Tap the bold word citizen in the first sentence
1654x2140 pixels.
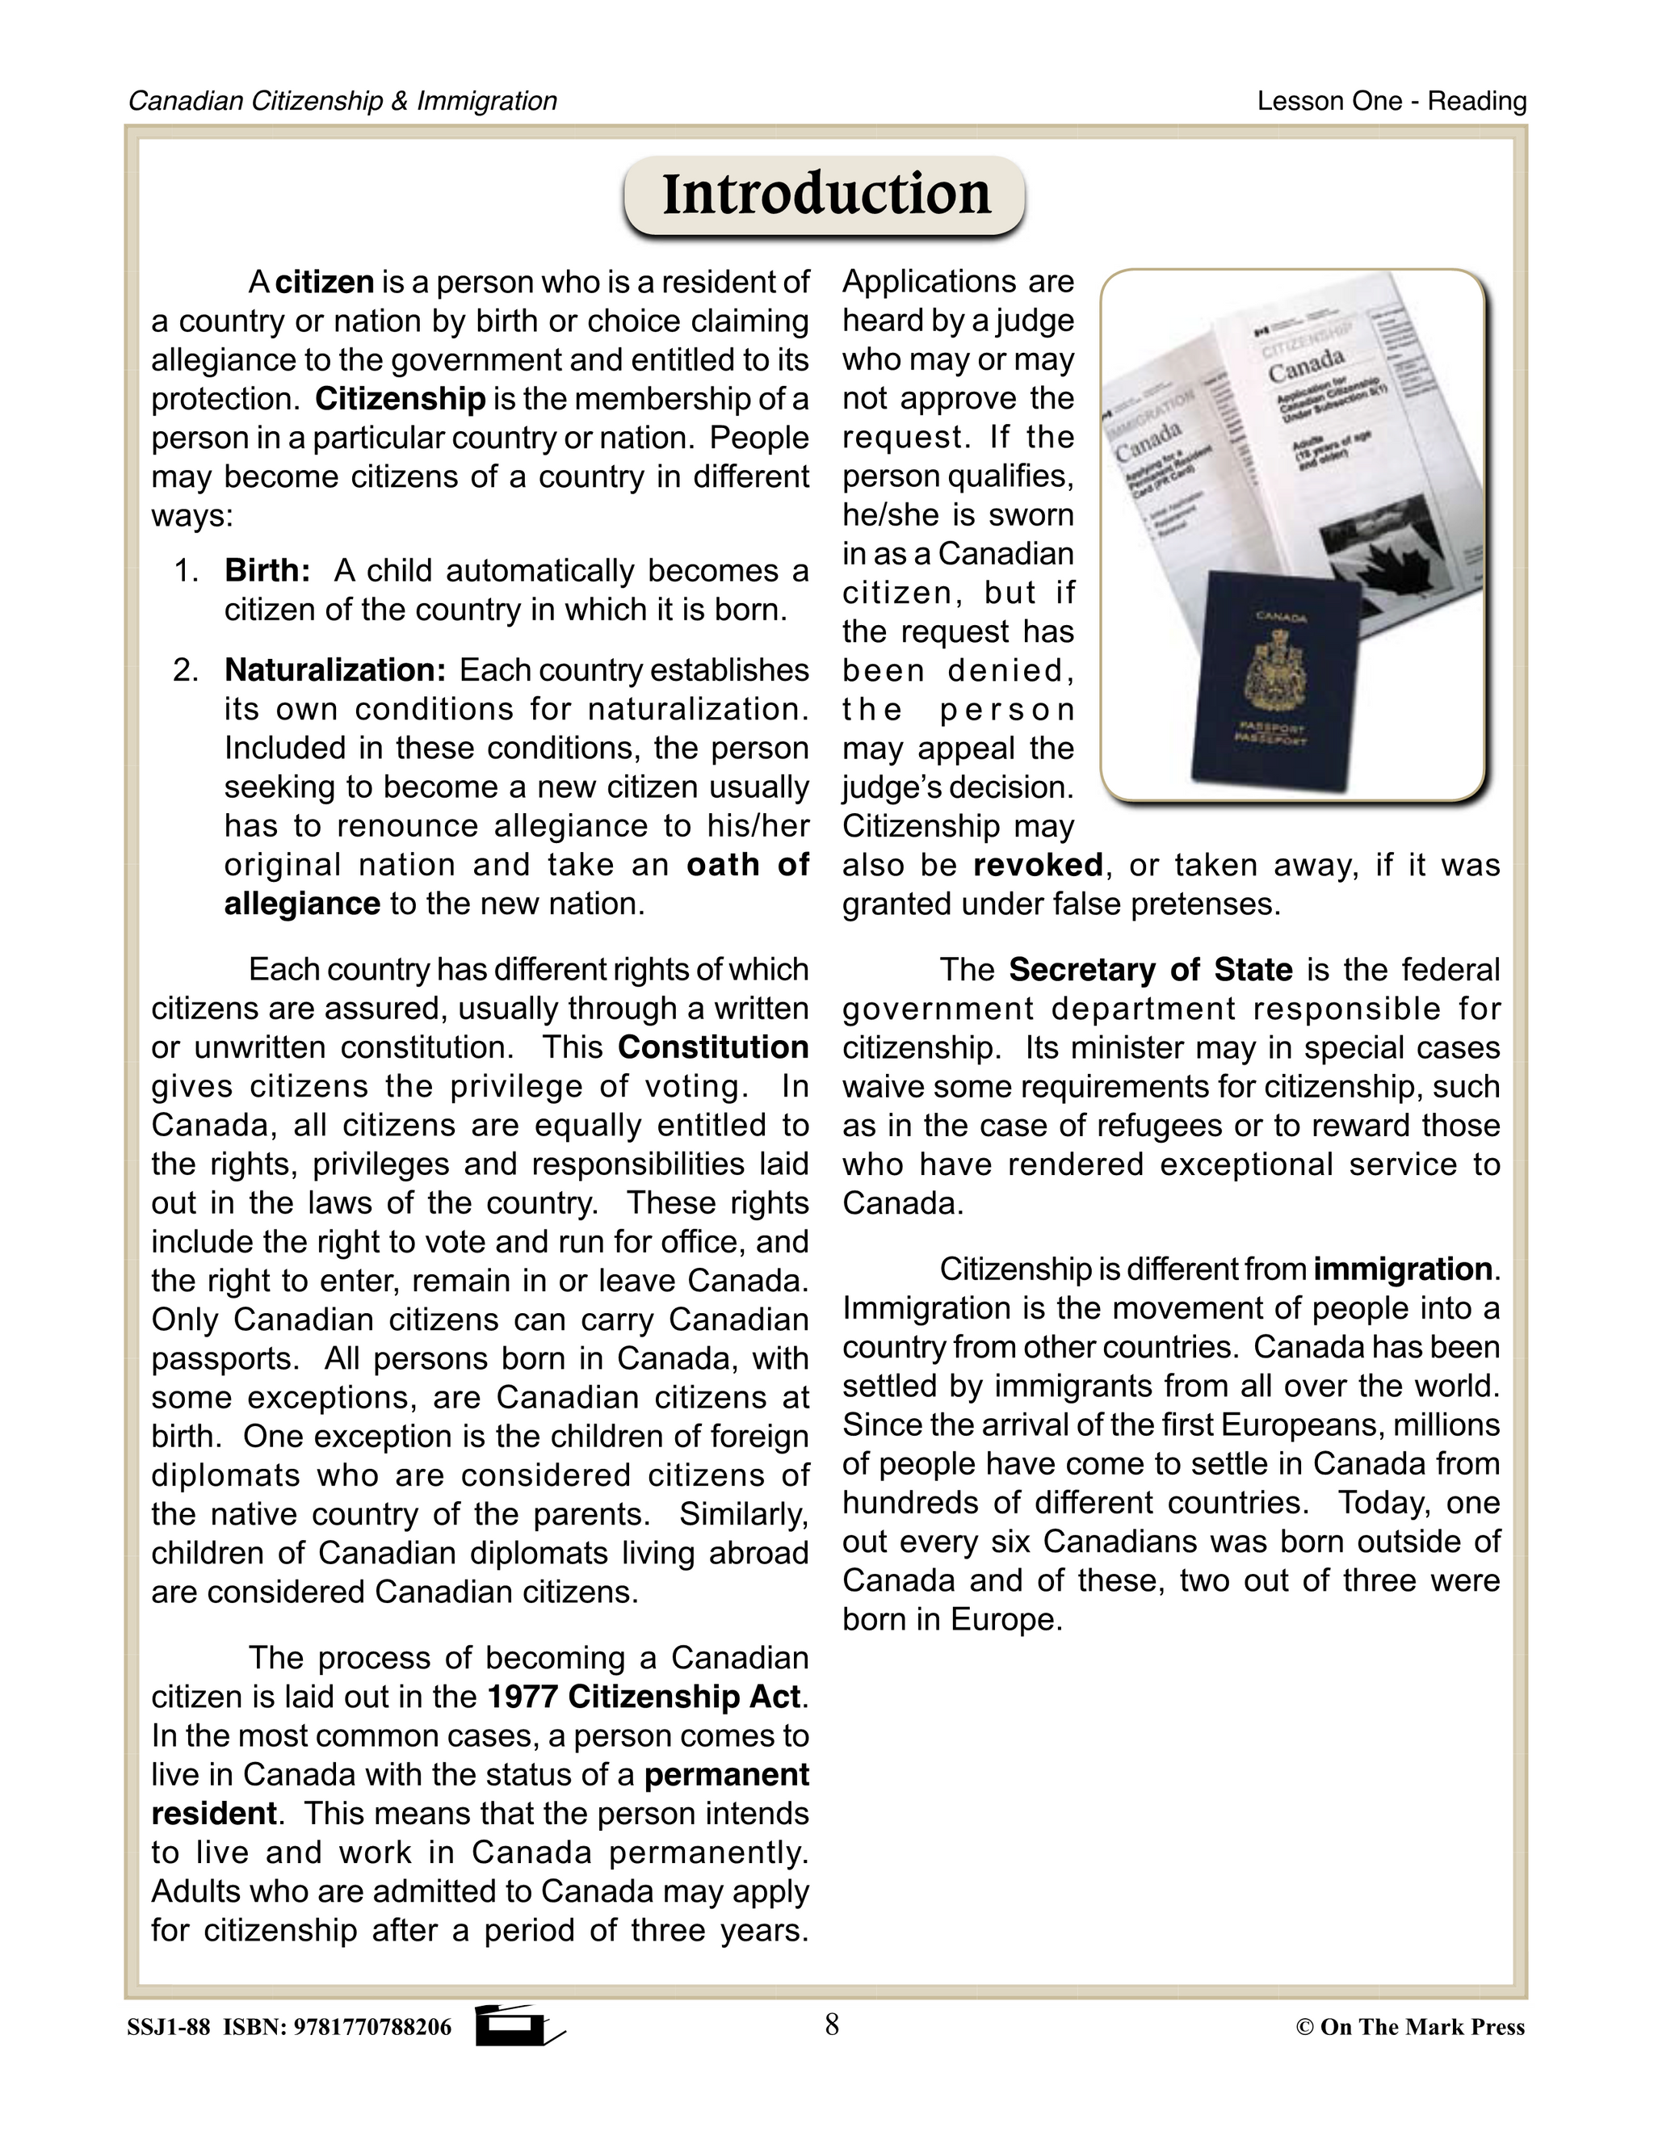click(325, 282)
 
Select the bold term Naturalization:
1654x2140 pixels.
click(335, 670)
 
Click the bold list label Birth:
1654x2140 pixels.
click(267, 570)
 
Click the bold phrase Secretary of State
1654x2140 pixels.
click(1150, 969)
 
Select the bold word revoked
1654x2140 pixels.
click(1038, 865)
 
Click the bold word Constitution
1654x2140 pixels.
click(712, 1047)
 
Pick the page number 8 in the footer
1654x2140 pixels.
click(832, 2025)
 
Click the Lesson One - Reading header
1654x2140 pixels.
click(1392, 101)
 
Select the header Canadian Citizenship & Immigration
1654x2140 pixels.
click(343, 101)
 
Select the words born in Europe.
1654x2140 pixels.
click(951, 1620)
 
